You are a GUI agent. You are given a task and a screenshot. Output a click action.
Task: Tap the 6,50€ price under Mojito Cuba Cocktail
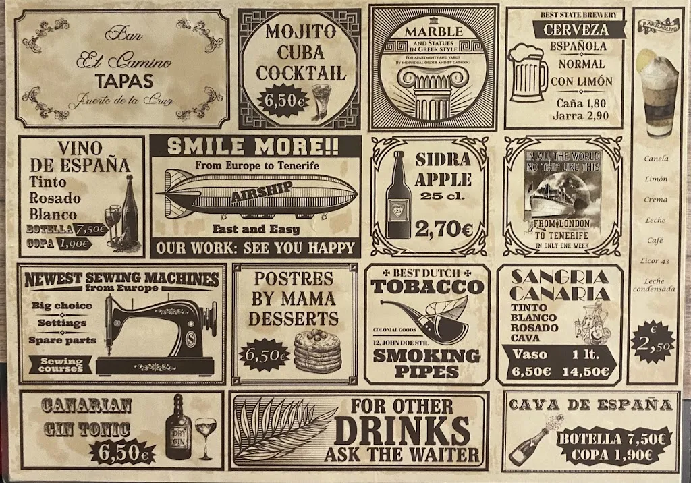(282, 101)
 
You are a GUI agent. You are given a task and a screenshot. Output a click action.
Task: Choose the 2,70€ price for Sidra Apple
(443, 229)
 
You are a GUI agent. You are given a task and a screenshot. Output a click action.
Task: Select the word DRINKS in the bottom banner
(402, 430)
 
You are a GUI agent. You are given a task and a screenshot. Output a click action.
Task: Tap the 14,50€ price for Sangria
(589, 371)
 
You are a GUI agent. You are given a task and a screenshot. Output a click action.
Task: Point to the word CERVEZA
(576, 30)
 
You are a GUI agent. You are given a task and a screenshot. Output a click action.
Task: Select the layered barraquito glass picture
(659, 94)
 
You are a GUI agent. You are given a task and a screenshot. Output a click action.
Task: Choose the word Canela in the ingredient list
(656, 159)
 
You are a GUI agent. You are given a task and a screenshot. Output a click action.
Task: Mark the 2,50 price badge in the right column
(653, 342)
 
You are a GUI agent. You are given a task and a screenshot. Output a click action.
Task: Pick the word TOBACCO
(427, 286)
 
